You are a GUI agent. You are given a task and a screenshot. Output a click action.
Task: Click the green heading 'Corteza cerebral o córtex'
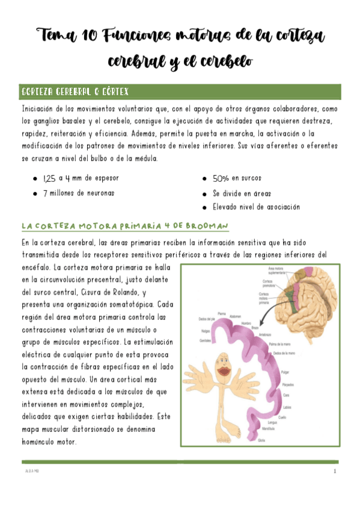click(75, 92)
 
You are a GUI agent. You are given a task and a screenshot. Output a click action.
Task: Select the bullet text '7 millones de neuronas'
click(78, 193)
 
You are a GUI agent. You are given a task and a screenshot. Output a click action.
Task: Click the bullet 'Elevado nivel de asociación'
click(256, 207)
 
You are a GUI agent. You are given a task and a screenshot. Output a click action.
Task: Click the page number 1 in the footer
click(334, 472)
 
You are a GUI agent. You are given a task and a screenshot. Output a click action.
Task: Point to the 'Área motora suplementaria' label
click(276, 270)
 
